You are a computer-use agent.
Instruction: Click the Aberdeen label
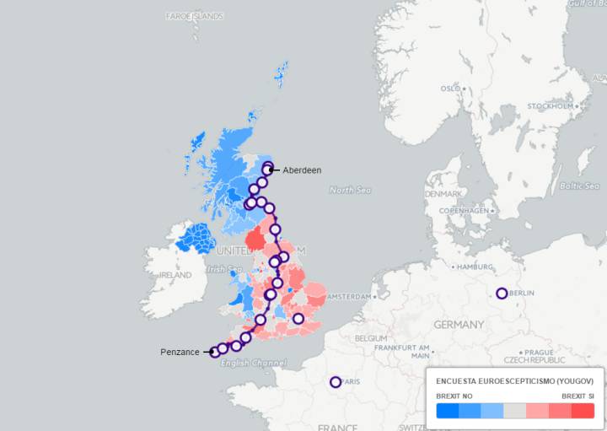pos(302,170)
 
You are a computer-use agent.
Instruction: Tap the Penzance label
pos(180,351)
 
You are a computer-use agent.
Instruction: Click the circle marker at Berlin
pos(502,294)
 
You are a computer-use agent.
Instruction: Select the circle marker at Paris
pos(336,382)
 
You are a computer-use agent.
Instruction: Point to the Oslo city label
pos(450,89)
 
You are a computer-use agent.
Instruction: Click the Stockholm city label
pos(551,106)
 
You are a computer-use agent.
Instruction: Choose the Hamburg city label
pos(475,267)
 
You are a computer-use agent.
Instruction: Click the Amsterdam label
pos(349,297)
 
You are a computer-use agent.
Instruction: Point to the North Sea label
pos(350,190)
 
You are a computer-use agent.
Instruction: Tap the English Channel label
pos(253,363)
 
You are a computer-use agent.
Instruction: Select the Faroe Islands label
pos(195,16)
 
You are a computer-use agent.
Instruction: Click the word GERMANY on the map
pos(459,324)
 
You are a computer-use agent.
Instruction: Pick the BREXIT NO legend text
pos(454,396)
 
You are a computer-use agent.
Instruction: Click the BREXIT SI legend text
pos(577,396)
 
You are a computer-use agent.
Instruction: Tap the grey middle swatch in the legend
pos(514,411)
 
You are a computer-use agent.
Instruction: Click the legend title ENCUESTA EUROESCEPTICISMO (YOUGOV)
pos(514,381)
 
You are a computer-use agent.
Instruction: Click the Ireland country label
pos(175,275)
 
